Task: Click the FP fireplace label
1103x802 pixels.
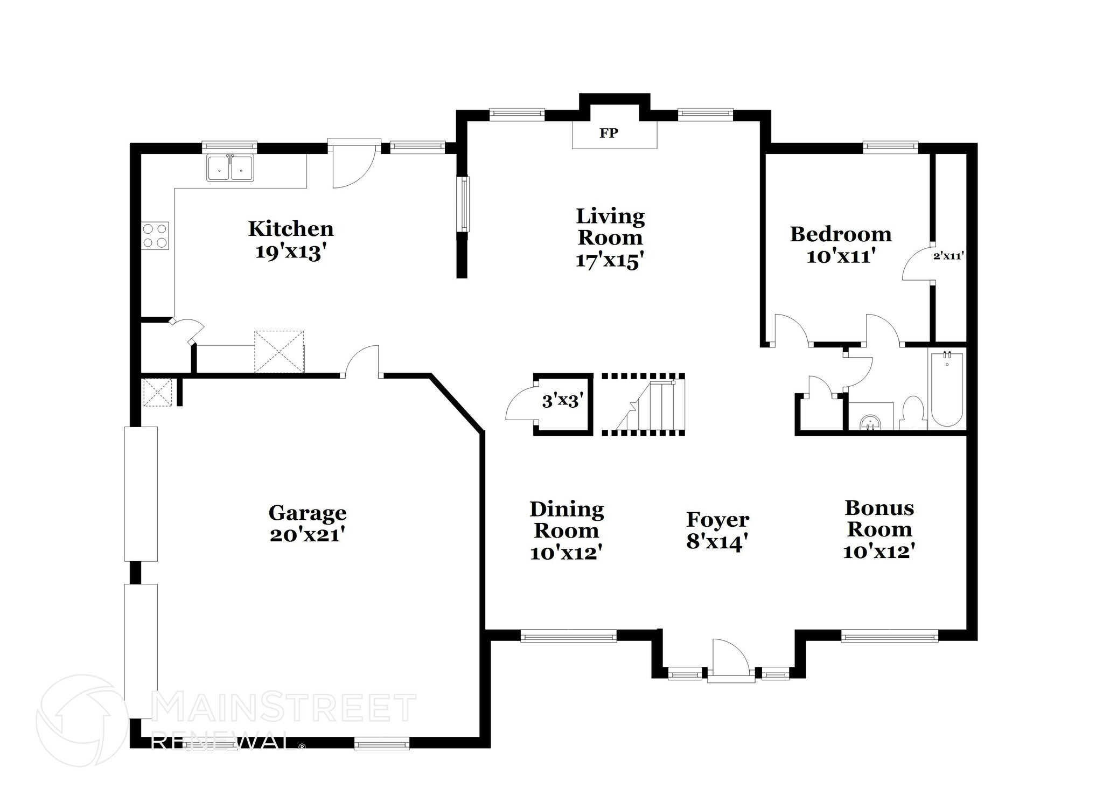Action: pos(609,133)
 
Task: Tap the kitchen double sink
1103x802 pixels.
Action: pos(230,168)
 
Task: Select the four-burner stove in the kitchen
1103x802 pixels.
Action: pos(155,235)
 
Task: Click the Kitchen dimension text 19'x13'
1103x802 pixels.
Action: pos(291,252)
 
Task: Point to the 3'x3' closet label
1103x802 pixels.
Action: pos(563,401)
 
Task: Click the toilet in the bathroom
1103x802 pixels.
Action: pos(913,412)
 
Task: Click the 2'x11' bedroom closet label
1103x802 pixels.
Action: pos(948,256)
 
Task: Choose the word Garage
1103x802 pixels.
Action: pos(307,513)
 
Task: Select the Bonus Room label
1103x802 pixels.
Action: pos(879,518)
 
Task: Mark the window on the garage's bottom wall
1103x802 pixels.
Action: pos(381,743)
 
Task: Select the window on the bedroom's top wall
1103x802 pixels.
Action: pos(890,146)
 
